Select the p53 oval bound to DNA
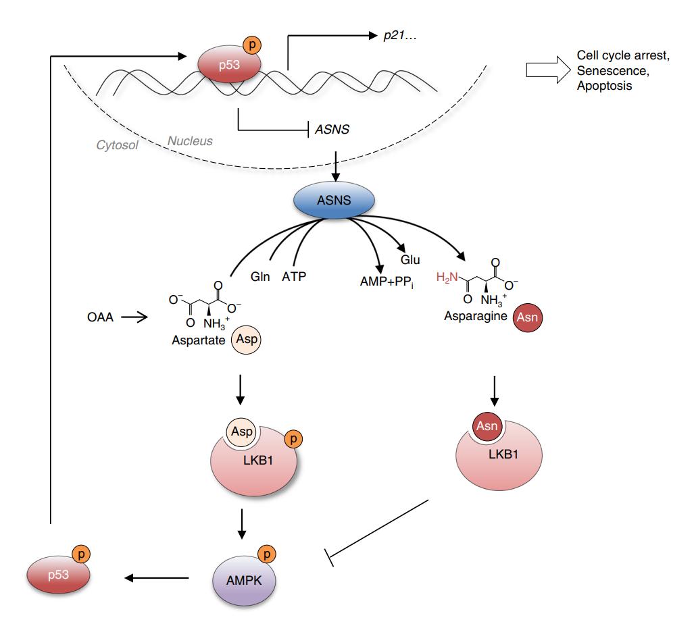point(224,66)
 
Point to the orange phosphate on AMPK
point(269,554)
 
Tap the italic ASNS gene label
point(332,128)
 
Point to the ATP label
point(295,276)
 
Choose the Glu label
point(411,259)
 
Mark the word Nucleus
point(189,141)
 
